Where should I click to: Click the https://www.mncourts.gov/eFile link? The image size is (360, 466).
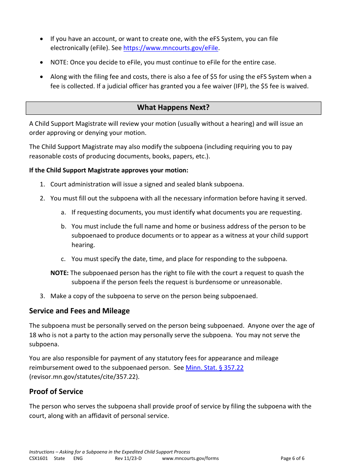(171, 48)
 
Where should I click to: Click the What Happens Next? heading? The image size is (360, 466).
(173, 108)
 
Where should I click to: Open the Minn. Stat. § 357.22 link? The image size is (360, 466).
(214, 367)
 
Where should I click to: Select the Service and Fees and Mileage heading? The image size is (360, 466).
(79, 311)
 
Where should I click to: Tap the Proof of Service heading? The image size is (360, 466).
(56, 392)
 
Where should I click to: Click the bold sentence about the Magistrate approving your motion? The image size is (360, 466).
(109, 170)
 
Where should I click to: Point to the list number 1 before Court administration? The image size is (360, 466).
(42, 185)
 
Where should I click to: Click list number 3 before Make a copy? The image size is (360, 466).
(42, 296)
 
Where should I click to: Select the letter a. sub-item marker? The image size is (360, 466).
(63, 213)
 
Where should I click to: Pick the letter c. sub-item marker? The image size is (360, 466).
(63, 259)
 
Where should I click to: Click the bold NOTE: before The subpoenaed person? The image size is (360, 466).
(59, 273)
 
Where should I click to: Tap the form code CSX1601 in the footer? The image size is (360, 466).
(39, 458)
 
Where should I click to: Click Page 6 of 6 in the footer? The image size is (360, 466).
(292, 458)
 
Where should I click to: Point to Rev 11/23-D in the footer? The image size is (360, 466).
(128, 458)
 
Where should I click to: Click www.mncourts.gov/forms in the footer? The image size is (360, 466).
(190, 458)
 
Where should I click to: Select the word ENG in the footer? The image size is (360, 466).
(78, 458)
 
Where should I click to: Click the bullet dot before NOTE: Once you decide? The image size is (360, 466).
(42, 63)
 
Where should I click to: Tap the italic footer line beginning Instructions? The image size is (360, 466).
(110, 452)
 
